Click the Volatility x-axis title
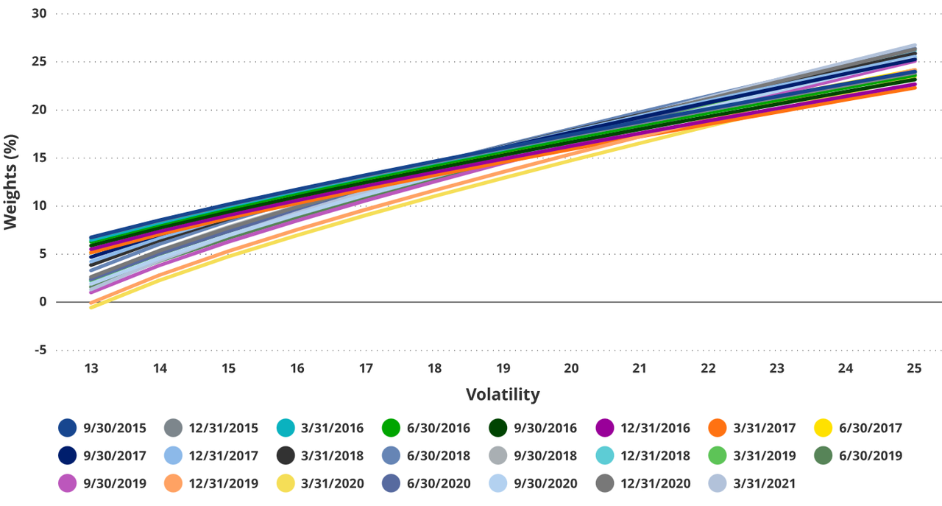point(503,395)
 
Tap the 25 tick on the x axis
point(914,368)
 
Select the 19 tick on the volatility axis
point(503,368)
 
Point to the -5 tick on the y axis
point(39,351)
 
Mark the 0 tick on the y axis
point(42,302)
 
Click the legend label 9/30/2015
point(115,428)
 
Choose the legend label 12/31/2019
point(224,484)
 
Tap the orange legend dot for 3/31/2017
point(718,428)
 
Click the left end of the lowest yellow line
point(91,307)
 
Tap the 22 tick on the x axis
point(708,368)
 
